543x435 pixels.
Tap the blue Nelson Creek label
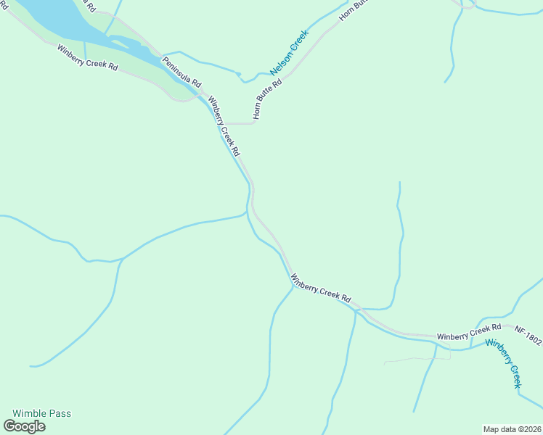point(290,52)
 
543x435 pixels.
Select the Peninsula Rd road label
point(181,72)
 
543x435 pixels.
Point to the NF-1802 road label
point(528,330)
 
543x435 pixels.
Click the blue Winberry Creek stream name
point(504,363)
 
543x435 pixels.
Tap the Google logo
point(25,426)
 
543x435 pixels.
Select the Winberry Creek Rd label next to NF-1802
point(469,333)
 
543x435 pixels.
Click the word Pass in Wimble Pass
point(60,413)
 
